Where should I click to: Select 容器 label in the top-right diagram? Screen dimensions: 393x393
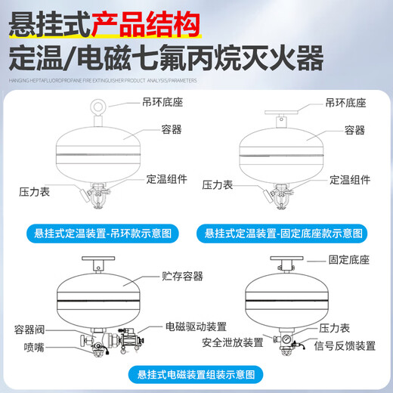354,130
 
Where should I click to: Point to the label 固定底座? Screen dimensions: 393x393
349,260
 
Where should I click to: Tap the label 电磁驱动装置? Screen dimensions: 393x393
196,326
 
